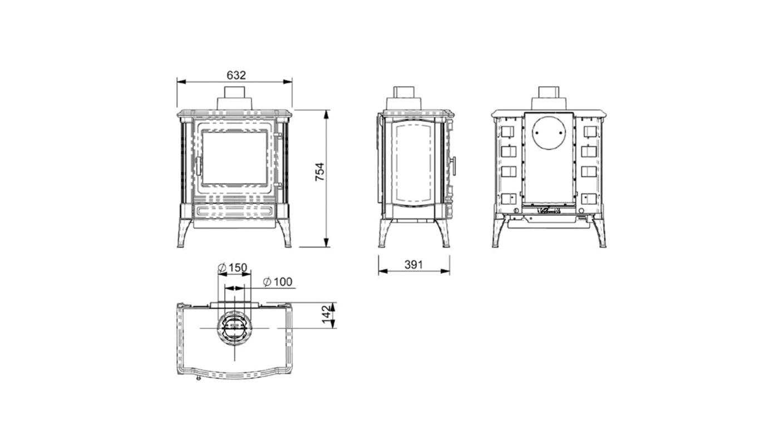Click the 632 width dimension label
pyautogui.click(x=236, y=75)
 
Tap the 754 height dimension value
pyautogui.click(x=319, y=172)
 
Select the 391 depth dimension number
pyautogui.click(x=414, y=265)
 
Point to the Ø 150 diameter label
pyautogui.click(x=233, y=268)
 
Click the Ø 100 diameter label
pyautogui.click(x=278, y=281)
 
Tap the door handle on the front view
pyautogui.click(x=198, y=166)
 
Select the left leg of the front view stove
pyautogui.click(x=184, y=233)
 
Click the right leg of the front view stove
pyautogui.click(x=284, y=233)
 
